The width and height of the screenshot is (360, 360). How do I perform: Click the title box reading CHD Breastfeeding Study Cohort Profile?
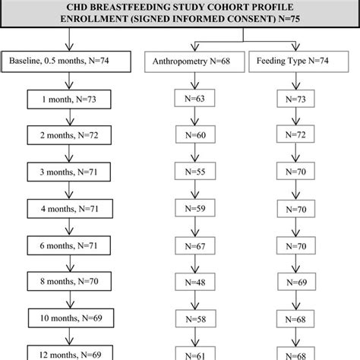[x=180, y=14]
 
